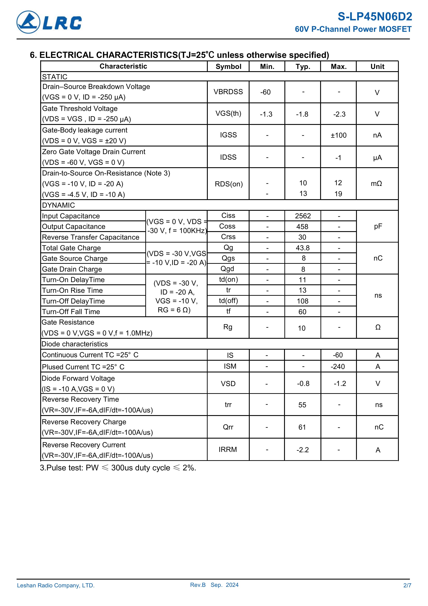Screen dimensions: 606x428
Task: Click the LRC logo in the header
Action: tap(49, 22)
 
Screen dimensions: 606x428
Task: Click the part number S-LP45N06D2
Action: tap(374, 17)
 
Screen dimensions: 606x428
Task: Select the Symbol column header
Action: tap(228, 67)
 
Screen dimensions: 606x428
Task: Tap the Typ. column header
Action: tap(303, 67)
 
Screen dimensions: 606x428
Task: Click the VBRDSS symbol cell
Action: tap(228, 92)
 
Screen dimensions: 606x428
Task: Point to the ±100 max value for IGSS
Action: tap(339, 135)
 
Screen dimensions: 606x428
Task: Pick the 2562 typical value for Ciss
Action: tap(303, 216)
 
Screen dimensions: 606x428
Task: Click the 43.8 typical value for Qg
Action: tap(303, 248)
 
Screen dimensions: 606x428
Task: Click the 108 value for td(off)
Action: tap(303, 301)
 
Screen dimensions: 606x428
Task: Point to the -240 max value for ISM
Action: tap(338, 367)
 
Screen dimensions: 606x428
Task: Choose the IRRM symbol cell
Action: tap(228, 449)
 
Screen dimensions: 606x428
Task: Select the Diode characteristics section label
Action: tap(75, 344)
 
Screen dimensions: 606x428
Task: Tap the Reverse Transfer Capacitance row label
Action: tap(90, 237)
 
